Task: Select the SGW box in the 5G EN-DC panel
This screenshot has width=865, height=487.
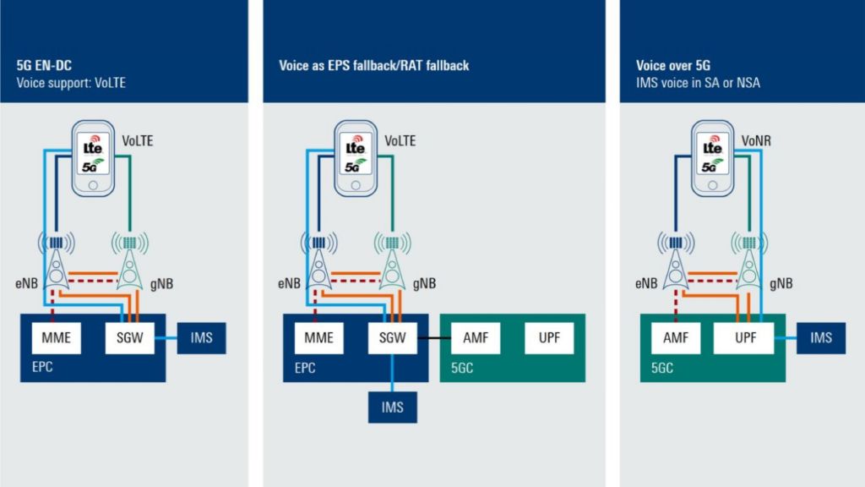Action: point(126,338)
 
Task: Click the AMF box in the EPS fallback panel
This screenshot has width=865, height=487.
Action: point(475,338)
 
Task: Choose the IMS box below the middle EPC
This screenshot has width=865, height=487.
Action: point(393,408)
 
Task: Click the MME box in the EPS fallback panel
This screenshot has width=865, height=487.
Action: point(319,338)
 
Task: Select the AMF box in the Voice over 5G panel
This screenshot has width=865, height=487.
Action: point(674,338)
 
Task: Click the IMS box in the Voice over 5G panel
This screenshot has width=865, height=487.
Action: point(820,338)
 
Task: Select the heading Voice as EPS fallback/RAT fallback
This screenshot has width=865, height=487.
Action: point(373,65)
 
